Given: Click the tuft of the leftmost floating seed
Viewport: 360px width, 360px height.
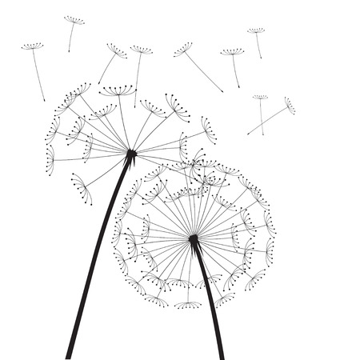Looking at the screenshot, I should coord(32,46).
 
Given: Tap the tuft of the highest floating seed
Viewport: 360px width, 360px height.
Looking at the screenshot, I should coord(74,20).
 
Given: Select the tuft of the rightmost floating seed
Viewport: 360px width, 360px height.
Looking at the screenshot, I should coord(289,106).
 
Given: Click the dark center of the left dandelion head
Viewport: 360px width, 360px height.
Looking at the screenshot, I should coord(131,153).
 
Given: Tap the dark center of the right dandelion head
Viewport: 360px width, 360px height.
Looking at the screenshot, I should coord(194,238).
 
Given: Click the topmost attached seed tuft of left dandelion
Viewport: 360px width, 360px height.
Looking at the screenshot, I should coord(118,90).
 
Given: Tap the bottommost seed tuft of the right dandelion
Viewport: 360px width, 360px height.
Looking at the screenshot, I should coord(188,305).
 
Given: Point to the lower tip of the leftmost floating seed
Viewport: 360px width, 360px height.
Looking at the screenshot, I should coord(45,101).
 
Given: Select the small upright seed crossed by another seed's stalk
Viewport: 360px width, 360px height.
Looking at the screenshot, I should coord(260,98).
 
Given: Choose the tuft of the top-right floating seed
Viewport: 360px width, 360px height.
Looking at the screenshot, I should coord(255,31).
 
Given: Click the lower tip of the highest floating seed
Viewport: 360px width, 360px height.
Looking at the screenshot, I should coord(69,52).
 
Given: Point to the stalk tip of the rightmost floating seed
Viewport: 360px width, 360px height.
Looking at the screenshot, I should coord(247,134).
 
